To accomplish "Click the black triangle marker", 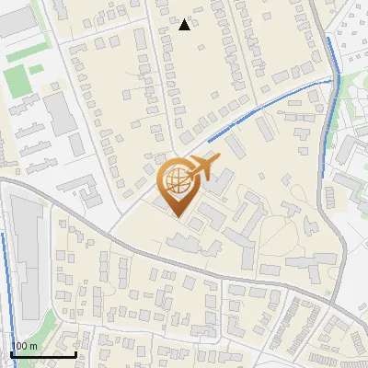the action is pos(185,25).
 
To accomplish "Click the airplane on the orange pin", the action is pos(201,167).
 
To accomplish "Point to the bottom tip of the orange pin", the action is pos(178,216).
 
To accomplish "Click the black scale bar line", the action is pos(43,354).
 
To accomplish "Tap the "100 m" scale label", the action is pos(24,346).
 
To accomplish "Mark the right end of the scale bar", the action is pos(75,354).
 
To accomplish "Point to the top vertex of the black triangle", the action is pos(185,19).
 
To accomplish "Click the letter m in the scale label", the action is pos(33,347).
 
